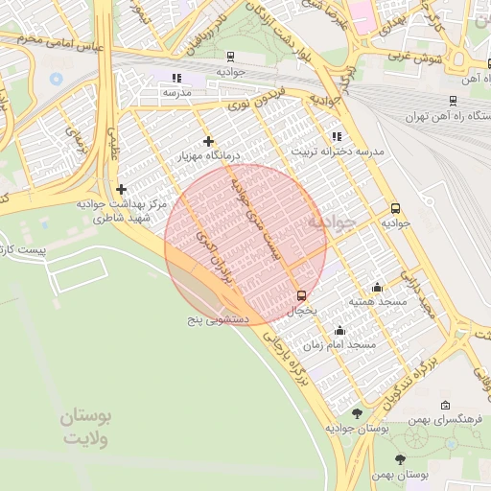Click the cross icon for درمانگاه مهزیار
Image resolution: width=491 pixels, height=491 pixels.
[208, 141]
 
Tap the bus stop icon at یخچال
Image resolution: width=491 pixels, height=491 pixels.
[302, 294]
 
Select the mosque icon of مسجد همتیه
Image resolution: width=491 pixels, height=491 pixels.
[377, 287]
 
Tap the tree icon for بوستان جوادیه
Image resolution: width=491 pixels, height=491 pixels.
[358, 413]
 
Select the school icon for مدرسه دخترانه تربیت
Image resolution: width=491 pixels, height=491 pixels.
[336, 137]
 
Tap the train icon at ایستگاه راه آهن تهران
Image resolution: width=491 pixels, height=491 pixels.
[453, 100]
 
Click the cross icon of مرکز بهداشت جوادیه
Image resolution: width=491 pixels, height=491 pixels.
[121, 190]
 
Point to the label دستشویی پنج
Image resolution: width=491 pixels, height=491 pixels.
[218, 316]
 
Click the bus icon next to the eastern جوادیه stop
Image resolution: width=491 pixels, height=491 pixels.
[395, 208]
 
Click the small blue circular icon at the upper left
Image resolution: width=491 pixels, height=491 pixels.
[56, 78]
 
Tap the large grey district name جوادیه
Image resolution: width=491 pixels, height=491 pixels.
[331, 222]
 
